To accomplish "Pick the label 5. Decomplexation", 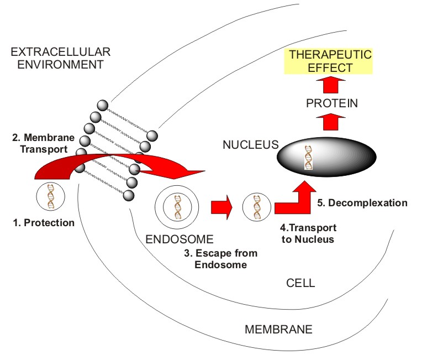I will coord(362,203).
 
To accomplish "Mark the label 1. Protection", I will coord(44,223).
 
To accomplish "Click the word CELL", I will coord(300,283).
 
